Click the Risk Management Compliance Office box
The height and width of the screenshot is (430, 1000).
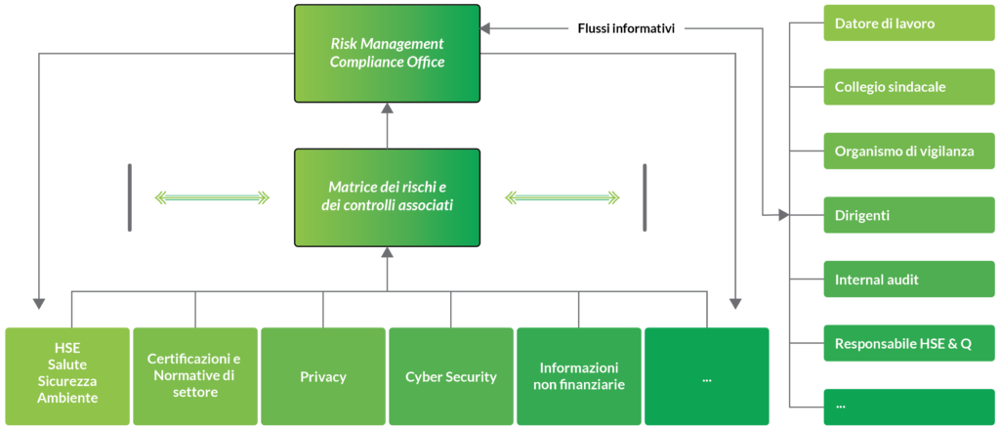point(387,53)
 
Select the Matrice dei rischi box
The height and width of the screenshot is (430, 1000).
point(387,197)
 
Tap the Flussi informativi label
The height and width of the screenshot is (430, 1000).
point(626,28)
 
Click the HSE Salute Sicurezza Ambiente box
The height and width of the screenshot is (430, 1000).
point(67,376)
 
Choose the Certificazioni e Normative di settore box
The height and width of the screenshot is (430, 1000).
point(195,376)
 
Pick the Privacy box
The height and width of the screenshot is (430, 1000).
point(323,376)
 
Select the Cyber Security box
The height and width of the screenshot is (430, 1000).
point(451,376)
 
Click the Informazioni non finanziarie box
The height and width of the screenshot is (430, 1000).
point(578,376)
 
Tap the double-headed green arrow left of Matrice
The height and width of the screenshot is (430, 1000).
point(212,198)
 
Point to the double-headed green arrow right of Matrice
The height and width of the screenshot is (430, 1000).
point(562,198)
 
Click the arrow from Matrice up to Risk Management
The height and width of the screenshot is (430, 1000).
point(387,125)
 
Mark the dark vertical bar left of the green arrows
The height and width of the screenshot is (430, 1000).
point(129,198)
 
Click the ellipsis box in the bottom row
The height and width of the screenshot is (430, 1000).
point(706,376)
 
